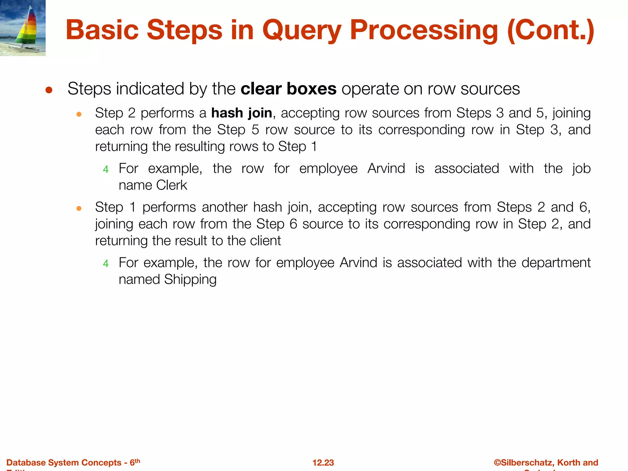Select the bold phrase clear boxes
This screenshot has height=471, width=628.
click(x=289, y=89)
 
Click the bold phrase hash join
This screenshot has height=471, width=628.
click(x=242, y=113)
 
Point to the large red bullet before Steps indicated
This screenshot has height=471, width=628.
click(x=49, y=90)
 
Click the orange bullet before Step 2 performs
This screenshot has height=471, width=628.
click(x=79, y=115)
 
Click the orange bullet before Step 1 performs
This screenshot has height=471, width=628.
click(x=79, y=209)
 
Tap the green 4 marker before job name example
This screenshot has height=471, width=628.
click(x=106, y=169)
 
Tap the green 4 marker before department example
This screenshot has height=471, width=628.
click(x=106, y=263)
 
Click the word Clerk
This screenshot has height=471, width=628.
click(x=171, y=185)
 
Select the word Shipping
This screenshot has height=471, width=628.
click(x=190, y=279)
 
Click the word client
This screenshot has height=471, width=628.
click(x=265, y=241)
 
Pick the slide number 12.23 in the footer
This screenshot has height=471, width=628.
click(x=323, y=462)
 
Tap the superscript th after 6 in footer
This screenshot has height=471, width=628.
click(x=137, y=461)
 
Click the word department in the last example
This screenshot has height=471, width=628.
click(x=556, y=263)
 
